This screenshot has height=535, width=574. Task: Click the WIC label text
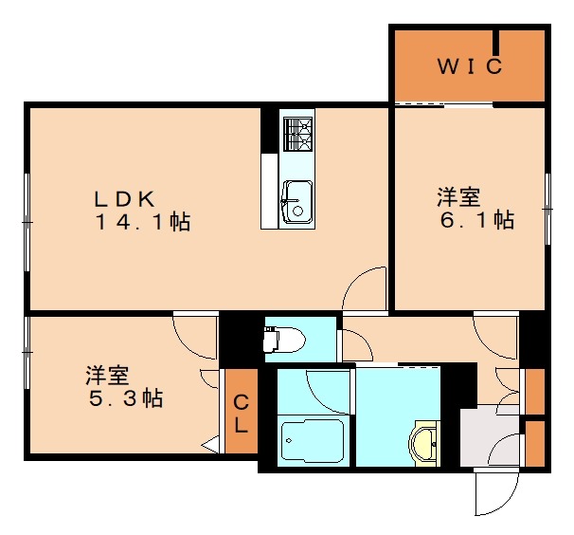coord(468,67)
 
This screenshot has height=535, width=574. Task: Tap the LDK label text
coord(124,199)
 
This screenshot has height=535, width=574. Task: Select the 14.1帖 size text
coord(142,224)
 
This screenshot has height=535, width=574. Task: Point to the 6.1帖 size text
coord(476,221)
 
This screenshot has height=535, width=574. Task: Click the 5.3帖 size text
coord(125,397)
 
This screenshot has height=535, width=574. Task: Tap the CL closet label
coord(241,414)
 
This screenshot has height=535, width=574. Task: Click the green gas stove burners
coord(297,134)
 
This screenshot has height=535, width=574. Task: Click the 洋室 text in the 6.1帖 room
coord(458,197)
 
